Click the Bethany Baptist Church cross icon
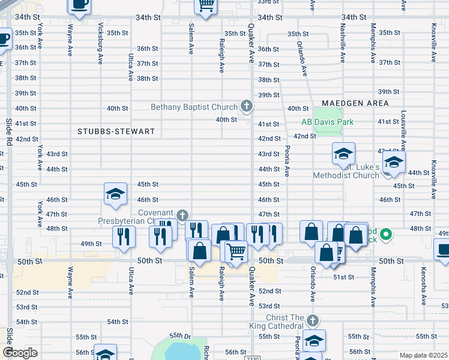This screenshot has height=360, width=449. coord(246,107)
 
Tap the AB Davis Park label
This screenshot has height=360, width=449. coord(328,122)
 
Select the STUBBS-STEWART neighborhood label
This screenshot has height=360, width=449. coord(116,131)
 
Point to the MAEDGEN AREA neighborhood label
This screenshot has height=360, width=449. coord(355,103)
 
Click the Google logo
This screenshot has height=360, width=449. coord(20,353)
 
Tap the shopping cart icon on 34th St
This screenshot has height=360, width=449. coord(206,6)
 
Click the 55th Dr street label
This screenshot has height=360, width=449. coord(179,335)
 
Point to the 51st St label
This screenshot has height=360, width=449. coord(343,277)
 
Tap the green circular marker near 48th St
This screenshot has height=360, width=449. coord(387,234)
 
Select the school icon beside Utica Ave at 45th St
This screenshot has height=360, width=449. coord(115,193)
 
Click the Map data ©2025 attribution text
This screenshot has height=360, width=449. coord(424,355)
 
